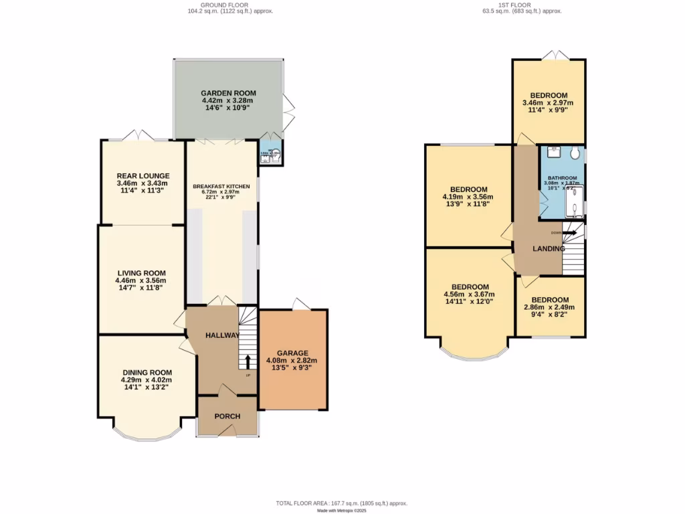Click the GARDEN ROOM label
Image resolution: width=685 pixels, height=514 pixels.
pos(228,93)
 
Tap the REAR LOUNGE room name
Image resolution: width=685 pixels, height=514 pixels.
pos(142,176)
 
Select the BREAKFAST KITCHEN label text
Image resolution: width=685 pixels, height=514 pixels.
pos(221,186)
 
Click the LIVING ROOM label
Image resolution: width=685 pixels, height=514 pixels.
pos(141,273)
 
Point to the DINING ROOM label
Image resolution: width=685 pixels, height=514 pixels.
pos(147,373)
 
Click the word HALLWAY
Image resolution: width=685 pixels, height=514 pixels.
pos(222,335)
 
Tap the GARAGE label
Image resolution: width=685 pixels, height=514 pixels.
pos(293,353)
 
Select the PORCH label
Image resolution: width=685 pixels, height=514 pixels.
pos(227,416)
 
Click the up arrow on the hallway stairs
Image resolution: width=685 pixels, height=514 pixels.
pos(248,362)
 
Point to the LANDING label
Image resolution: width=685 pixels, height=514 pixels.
pos(549,249)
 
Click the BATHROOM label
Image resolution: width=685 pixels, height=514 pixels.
pos(562,178)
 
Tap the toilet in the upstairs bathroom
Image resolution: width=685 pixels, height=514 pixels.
pos(575,153)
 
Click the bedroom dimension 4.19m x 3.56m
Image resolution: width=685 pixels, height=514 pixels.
pos(468,197)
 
